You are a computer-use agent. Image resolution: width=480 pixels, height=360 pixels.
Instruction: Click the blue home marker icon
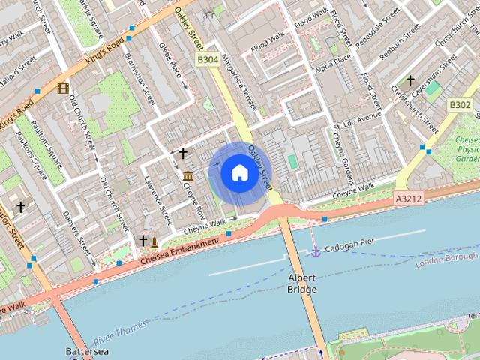coord(238,173)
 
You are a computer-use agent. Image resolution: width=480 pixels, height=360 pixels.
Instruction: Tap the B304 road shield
coord(208,58)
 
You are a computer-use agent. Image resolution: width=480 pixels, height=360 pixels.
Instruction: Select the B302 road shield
coord(459,104)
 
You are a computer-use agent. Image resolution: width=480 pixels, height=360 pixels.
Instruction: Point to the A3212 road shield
coord(409,199)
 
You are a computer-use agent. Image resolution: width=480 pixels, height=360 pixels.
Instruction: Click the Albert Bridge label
coord(302,283)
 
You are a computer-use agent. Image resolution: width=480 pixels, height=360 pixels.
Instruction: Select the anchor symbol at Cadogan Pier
coord(316,251)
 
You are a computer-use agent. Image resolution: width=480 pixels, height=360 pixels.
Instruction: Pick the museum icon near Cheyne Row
coord(187,176)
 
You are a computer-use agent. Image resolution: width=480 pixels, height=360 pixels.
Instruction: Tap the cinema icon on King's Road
coord(63,88)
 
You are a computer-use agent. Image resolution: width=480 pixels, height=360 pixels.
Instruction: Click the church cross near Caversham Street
coord(410,80)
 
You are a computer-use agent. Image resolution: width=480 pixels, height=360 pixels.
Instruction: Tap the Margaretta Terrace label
coord(243,87)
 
